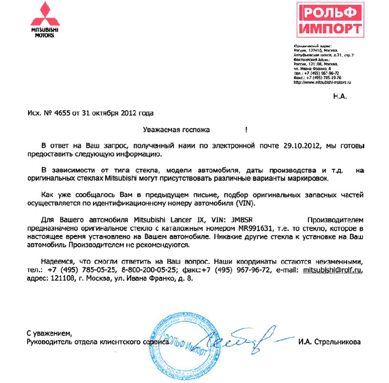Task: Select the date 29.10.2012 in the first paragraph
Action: pyautogui.click(x=301, y=145)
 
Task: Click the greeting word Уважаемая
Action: pyautogui.click(x=162, y=129)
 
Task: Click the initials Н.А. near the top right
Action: pyautogui.click(x=339, y=96)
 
